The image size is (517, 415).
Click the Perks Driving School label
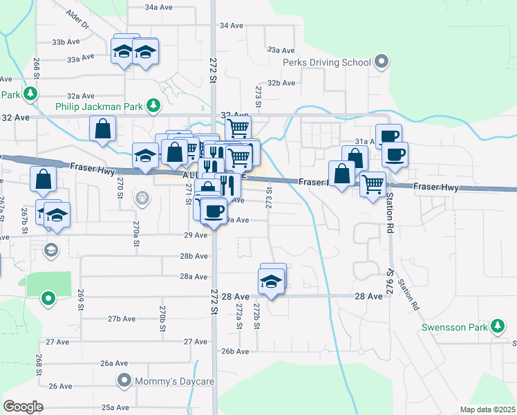pyautogui.click(x=327, y=63)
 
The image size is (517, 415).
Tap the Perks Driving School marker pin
pyautogui.click(x=381, y=62)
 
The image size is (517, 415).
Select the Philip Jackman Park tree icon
pyautogui.click(x=153, y=107)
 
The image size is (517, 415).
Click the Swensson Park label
pyautogui.click(x=457, y=324)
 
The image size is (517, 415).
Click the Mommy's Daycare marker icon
pyautogui.click(x=124, y=380)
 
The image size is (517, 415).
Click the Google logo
pyautogui.click(x=23, y=406)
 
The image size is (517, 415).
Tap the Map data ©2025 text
pyautogui.click(x=487, y=409)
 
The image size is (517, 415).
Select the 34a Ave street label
pyautogui.click(x=158, y=6)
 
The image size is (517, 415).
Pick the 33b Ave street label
pyautogui.click(x=68, y=41)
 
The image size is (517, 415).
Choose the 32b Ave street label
pyautogui.click(x=281, y=82)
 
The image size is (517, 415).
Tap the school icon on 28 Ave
pyautogui.click(x=272, y=282)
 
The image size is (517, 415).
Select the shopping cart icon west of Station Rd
pyautogui.click(x=373, y=184)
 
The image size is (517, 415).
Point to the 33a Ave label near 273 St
pyautogui.click(x=281, y=50)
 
